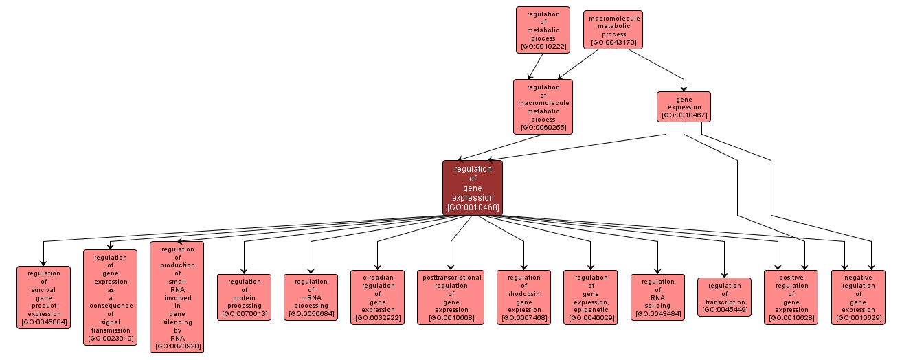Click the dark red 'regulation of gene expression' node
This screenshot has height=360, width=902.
(x=473, y=188)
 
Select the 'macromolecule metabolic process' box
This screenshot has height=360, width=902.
(x=613, y=30)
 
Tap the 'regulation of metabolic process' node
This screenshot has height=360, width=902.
(x=543, y=30)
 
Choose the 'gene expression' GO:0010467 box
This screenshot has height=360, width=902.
(x=684, y=106)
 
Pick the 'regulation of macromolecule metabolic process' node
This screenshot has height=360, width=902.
(x=543, y=106)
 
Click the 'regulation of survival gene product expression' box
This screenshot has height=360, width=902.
(x=44, y=297)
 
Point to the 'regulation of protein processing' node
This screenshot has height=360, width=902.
(x=244, y=297)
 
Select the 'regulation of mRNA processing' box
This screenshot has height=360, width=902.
(x=311, y=297)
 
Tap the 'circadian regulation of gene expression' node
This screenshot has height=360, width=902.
(x=377, y=297)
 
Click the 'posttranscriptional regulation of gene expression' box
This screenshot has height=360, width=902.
(x=451, y=297)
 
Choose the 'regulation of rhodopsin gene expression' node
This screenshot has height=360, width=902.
(x=523, y=297)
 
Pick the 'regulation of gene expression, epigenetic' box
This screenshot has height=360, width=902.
(x=590, y=297)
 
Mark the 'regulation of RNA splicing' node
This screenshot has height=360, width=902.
(x=657, y=297)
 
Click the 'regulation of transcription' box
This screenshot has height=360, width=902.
(x=724, y=297)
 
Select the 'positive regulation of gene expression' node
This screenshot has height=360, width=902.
(x=791, y=297)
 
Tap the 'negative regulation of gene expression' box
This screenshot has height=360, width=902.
(x=858, y=297)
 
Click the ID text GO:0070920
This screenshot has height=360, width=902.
(x=177, y=346)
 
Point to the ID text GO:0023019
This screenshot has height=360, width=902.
(x=111, y=338)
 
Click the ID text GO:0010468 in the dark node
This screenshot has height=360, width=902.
(x=473, y=207)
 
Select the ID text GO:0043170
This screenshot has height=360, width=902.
(x=613, y=43)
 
